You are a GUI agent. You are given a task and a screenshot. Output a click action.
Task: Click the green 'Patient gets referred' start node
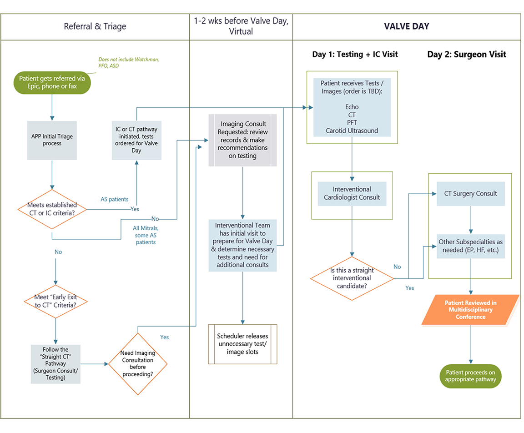tap(52, 82)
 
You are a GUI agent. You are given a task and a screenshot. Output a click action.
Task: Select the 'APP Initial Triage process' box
tap(52, 140)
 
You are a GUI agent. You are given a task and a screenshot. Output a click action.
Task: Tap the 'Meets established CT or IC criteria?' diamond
tap(52, 209)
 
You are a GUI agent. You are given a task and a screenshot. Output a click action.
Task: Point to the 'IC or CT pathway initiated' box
tap(136, 140)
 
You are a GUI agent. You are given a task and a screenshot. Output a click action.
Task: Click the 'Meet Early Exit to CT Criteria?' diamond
tap(55, 301)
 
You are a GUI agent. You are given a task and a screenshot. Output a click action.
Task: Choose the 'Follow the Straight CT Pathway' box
tap(55, 363)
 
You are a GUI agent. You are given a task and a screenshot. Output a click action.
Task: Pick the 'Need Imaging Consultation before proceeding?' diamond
tap(137, 363)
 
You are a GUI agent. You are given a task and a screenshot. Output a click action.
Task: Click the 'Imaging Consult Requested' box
tap(242, 140)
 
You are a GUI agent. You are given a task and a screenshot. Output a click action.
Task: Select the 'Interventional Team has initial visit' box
tap(242, 245)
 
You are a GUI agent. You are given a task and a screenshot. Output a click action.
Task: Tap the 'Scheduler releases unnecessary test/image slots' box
tap(242, 344)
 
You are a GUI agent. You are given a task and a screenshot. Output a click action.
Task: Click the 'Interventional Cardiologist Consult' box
tap(352, 193)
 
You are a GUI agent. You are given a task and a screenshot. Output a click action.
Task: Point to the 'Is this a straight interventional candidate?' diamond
tap(352, 278)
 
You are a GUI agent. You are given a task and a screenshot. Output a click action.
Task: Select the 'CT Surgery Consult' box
tap(470, 193)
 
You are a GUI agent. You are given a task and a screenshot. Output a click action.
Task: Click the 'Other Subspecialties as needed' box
tap(470, 246)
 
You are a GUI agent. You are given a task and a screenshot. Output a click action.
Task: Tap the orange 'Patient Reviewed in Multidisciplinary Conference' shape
tap(470, 310)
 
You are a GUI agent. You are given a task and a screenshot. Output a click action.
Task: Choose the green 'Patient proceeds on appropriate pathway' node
tap(470, 376)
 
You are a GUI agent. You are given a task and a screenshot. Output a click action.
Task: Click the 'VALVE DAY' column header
tap(407, 26)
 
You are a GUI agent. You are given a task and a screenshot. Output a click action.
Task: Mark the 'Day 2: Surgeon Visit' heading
tap(466, 55)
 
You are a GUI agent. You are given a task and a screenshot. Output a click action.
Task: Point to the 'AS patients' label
tap(114, 199)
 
